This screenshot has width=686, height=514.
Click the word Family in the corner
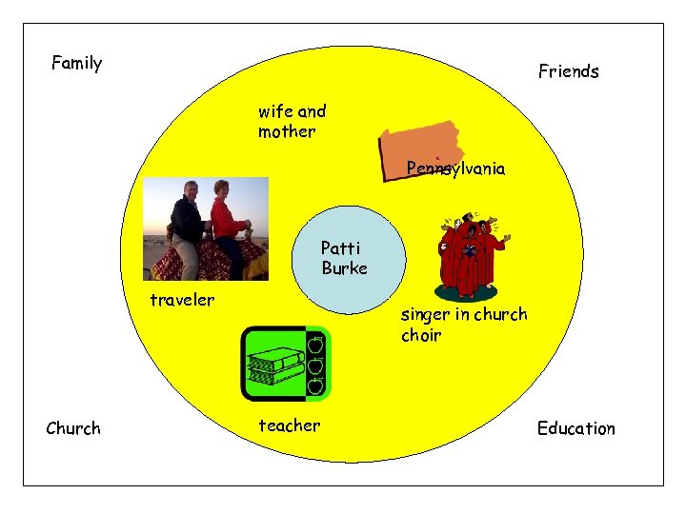(x=76, y=64)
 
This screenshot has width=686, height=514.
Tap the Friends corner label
(x=568, y=71)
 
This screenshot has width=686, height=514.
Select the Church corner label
(x=73, y=428)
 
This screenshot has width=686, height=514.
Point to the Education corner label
(x=575, y=428)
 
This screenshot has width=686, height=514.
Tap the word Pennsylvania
(x=455, y=168)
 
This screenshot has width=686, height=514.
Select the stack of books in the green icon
(x=274, y=366)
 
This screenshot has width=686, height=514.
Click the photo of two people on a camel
(x=205, y=230)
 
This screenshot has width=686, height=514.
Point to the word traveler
(x=182, y=300)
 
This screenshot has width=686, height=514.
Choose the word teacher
(x=289, y=425)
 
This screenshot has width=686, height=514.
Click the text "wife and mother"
(x=291, y=121)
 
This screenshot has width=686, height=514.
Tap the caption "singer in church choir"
(x=463, y=324)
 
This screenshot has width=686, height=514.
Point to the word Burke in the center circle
(x=344, y=268)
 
